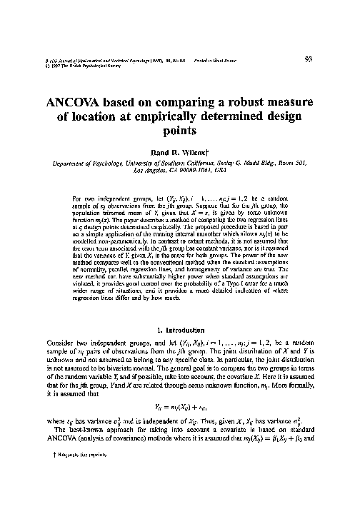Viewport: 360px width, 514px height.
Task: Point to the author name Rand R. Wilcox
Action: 179,151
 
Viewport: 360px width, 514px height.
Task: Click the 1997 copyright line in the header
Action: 73,68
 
